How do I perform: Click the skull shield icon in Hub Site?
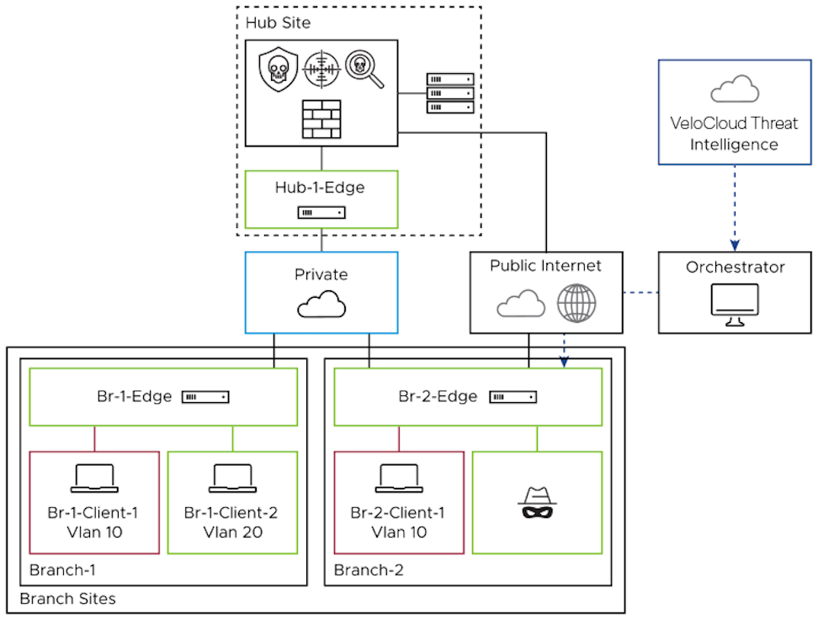276,69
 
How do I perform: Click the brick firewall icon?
321,119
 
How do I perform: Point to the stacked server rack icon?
450,93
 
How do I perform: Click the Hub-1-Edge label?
321,187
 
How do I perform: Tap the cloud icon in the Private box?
321,305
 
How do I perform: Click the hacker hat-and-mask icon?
537,503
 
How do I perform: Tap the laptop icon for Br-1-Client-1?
94,479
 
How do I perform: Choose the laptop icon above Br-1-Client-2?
232,479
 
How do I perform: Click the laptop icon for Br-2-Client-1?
399,479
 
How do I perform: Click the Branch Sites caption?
67,599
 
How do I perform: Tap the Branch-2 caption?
369,570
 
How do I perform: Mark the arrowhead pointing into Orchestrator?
734,245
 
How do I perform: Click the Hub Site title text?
279,22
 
